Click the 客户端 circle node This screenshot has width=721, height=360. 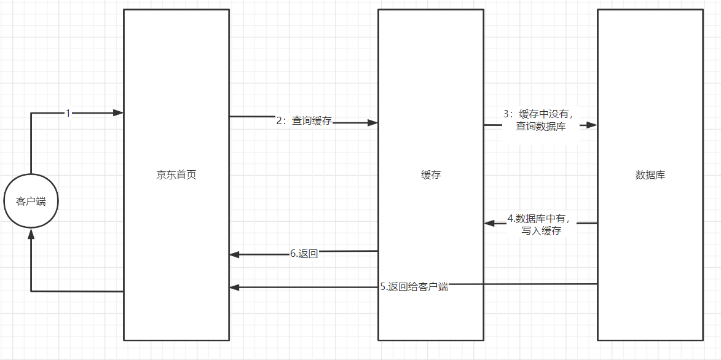click(31, 202)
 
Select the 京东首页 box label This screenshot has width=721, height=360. click(176, 175)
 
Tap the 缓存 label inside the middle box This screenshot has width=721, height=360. click(431, 175)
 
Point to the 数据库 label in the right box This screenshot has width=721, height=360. click(650, 175)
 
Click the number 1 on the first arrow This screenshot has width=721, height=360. click(68, 113)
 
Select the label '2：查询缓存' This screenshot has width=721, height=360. click(304, 121)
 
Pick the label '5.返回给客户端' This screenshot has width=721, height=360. click(414, 286)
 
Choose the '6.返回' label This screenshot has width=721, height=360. click(304, 254)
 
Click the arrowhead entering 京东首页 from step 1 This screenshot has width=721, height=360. click(119, 113)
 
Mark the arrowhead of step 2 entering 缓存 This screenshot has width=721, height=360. click(372, 123)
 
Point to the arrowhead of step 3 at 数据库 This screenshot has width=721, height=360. click(592, 125)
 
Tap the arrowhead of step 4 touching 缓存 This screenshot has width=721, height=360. click(489, 223)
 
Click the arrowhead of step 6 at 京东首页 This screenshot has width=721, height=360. click(235, 254)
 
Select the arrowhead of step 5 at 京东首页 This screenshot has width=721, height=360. click(235, 287)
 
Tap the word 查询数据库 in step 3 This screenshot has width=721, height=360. click(541, 127)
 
